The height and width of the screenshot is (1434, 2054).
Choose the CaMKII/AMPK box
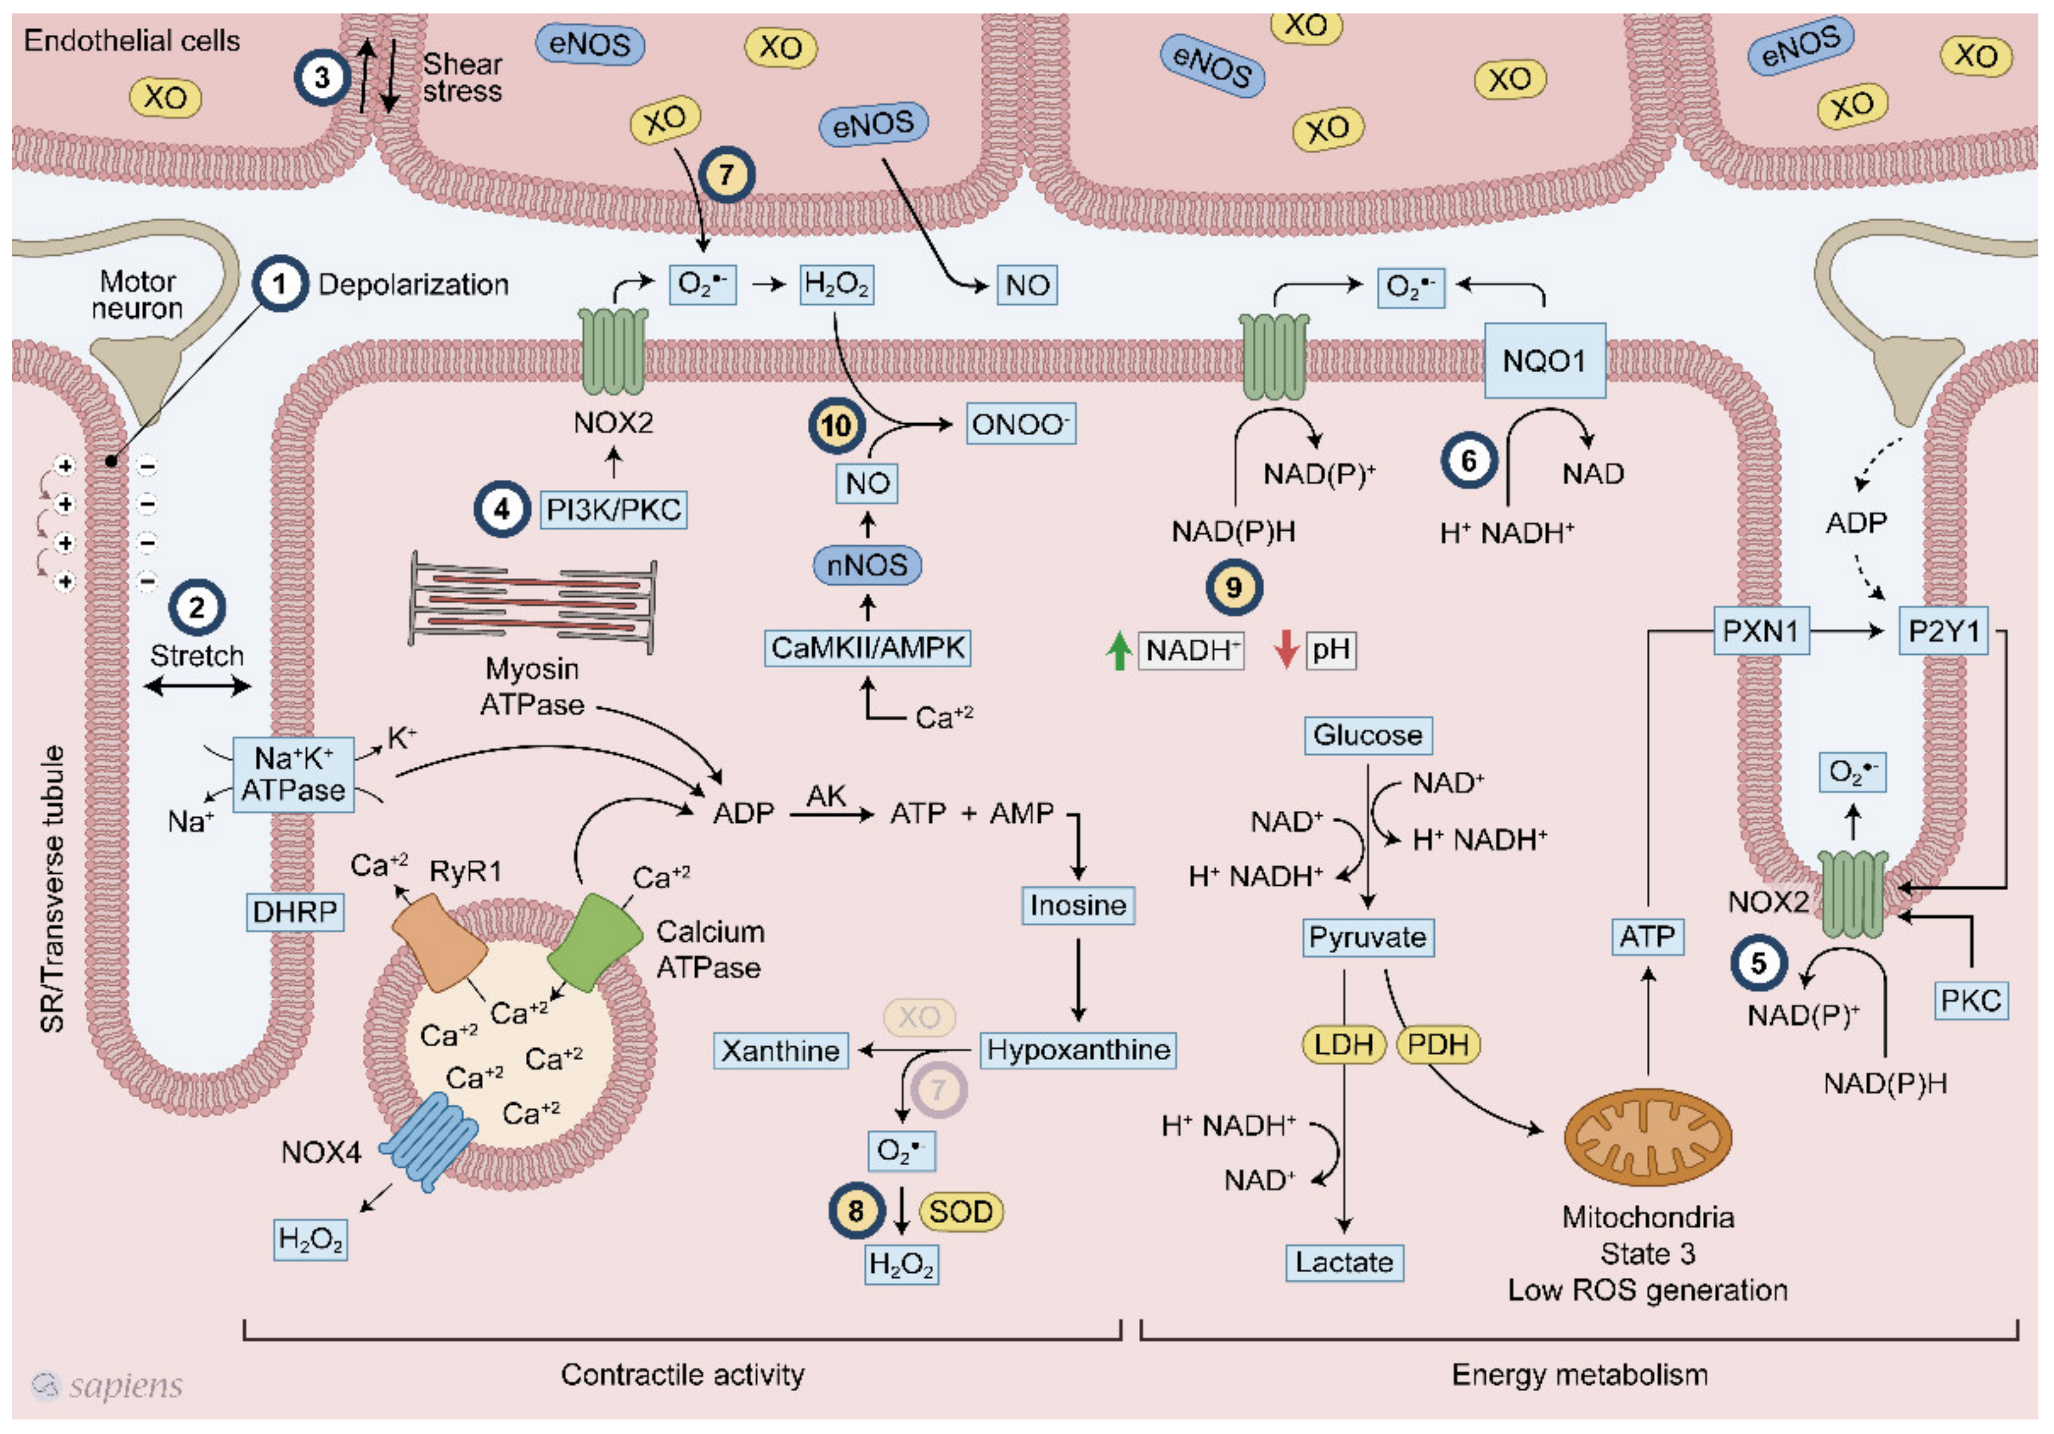pos(867,648)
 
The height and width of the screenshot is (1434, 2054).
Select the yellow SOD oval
pos(961,1212)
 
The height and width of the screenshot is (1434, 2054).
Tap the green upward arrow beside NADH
pos(1118,650)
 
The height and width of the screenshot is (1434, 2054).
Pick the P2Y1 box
pos(1943,632)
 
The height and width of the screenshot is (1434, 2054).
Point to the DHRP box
pos(294,912)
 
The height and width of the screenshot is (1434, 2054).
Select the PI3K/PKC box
pos(613,510)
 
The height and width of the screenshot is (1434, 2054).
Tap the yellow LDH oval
pos(1343,1044)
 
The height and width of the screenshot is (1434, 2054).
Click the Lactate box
pos(1344,1262)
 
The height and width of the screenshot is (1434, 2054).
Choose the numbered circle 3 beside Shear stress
pos(321,78)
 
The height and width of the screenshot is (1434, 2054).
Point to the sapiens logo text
pos(125,1385)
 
